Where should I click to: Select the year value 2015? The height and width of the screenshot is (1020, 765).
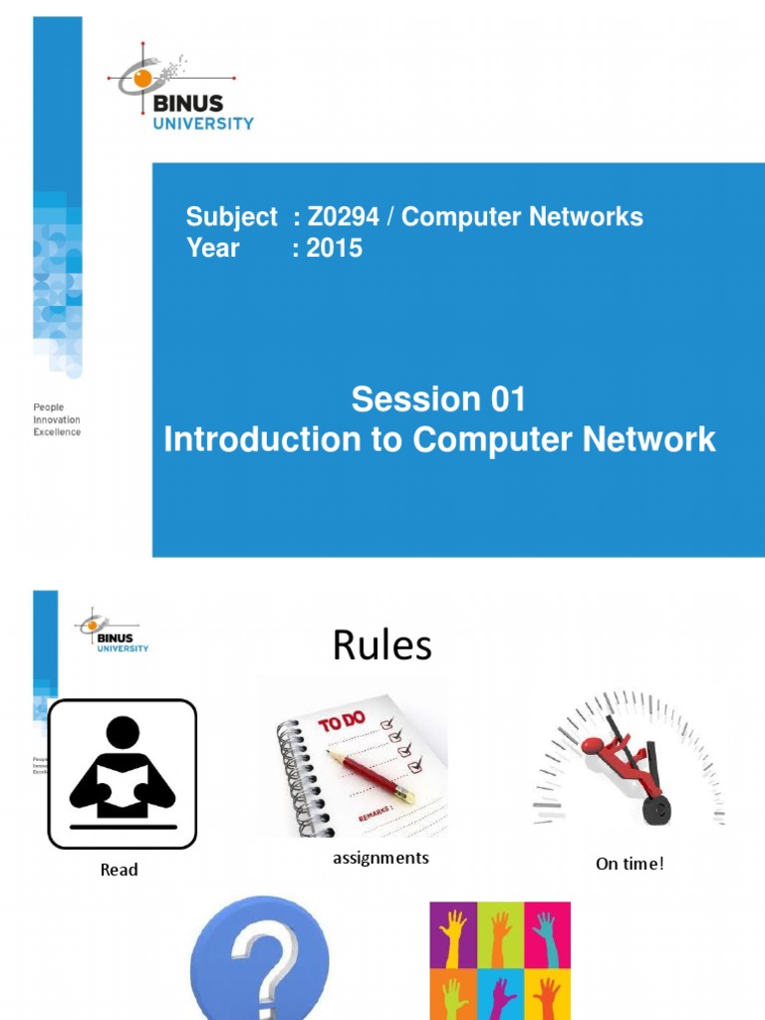[x=335, y=248]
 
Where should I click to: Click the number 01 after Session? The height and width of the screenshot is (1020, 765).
[x=507, y=400]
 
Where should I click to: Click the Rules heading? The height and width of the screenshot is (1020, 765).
[x=382, y=646]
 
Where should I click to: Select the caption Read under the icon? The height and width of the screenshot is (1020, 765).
[x=120, y=870]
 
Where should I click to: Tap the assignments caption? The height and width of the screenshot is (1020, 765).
[x=381, y=858]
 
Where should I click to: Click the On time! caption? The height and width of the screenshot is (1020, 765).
[x=630, y=864]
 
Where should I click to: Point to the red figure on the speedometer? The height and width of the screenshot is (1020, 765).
[x=623, y=762]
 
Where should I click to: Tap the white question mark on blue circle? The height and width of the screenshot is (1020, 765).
[x=259, y=961]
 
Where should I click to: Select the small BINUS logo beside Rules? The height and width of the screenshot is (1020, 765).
[x=112, y=631]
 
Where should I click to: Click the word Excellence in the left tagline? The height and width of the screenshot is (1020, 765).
[x=58, y=432]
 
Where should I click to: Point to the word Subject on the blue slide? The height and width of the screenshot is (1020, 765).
[x=232, y=217]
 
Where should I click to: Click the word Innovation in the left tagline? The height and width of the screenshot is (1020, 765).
[x=58, y=420]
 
